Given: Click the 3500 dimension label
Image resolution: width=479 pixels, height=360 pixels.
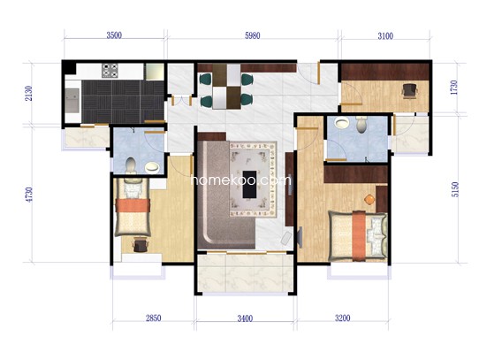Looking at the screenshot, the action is tap(114, 35).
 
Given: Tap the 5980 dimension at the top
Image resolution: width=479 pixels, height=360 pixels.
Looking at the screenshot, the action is tap(253, 35).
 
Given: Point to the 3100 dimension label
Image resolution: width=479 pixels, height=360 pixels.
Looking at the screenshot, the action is tap(385, 36).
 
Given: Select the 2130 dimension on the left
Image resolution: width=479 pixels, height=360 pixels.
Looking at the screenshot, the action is tap(28, 94).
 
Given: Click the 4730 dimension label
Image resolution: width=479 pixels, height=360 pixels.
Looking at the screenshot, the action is tap(28, 195).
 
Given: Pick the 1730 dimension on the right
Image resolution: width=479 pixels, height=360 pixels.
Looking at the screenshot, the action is tap(454, 88).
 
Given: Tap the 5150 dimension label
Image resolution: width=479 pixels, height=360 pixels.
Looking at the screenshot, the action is tap(455, 189).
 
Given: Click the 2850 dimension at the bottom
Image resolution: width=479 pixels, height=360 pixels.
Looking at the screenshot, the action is tap(154, 318).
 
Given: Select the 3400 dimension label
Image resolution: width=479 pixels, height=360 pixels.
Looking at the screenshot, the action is tap(245, 318).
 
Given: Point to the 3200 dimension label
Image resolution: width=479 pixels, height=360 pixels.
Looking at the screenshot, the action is tap(342, 318).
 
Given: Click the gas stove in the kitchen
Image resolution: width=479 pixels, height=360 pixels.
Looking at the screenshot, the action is tap(110, 70).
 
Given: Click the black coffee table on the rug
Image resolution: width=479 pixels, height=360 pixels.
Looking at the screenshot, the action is tap(249, 184).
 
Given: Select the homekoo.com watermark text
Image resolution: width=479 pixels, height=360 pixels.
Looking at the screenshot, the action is tap(240, 180).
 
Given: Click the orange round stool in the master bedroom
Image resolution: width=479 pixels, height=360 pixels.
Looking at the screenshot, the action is tap(369, 199).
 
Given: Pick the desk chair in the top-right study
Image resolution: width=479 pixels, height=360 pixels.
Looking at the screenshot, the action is tap(409, 91).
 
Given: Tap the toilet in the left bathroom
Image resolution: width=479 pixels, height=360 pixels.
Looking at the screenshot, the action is tap(131, 165).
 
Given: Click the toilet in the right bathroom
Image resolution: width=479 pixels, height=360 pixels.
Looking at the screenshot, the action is tap(361, 125).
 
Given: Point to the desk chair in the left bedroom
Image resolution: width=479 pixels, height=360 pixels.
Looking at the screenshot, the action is tap(141, 245).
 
